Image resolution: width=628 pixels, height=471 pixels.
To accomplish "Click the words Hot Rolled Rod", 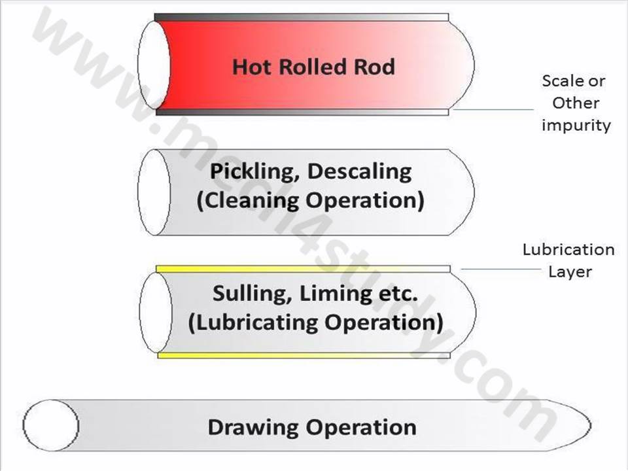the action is (x=313, y=67).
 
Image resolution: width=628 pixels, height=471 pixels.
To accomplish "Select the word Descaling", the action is (x=359, y=171).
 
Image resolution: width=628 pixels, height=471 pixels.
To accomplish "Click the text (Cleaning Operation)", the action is (x=310, y=200).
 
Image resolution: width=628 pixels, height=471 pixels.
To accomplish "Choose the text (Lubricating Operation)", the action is (x=315, y=323).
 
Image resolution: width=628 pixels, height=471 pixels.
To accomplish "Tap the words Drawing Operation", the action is (x=311, y=428).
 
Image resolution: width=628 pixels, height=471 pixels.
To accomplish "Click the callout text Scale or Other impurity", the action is (x=574, y=103).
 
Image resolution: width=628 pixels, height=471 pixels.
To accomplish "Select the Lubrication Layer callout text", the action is (x=568, y=260).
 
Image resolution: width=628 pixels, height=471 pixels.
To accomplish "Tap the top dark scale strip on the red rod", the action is (x=302, y=17).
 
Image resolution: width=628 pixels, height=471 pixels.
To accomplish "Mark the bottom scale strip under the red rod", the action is (x=302, y=112).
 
